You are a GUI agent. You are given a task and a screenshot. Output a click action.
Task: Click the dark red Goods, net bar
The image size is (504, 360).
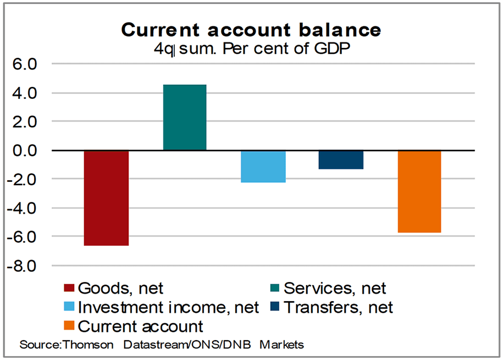pyautogui.click(x=106, y=198)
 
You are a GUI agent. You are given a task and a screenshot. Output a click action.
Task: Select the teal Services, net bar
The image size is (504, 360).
pyautogui.click(x=185, y=117)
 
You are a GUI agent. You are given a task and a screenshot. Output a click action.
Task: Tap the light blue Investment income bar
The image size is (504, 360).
pyautogui.click(x=263, y=166)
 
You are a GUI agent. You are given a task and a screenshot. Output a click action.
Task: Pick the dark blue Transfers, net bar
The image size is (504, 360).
pyautogui.click(x=341, y=159)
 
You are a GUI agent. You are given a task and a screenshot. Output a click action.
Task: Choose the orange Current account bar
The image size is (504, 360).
pyautogui.click(x=419, y=191)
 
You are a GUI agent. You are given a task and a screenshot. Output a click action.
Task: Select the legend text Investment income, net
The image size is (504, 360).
pyautogui.click(x=169, y=307)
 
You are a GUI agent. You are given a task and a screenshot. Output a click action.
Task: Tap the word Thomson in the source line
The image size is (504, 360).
pyautogui.click(x=87, y=345)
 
